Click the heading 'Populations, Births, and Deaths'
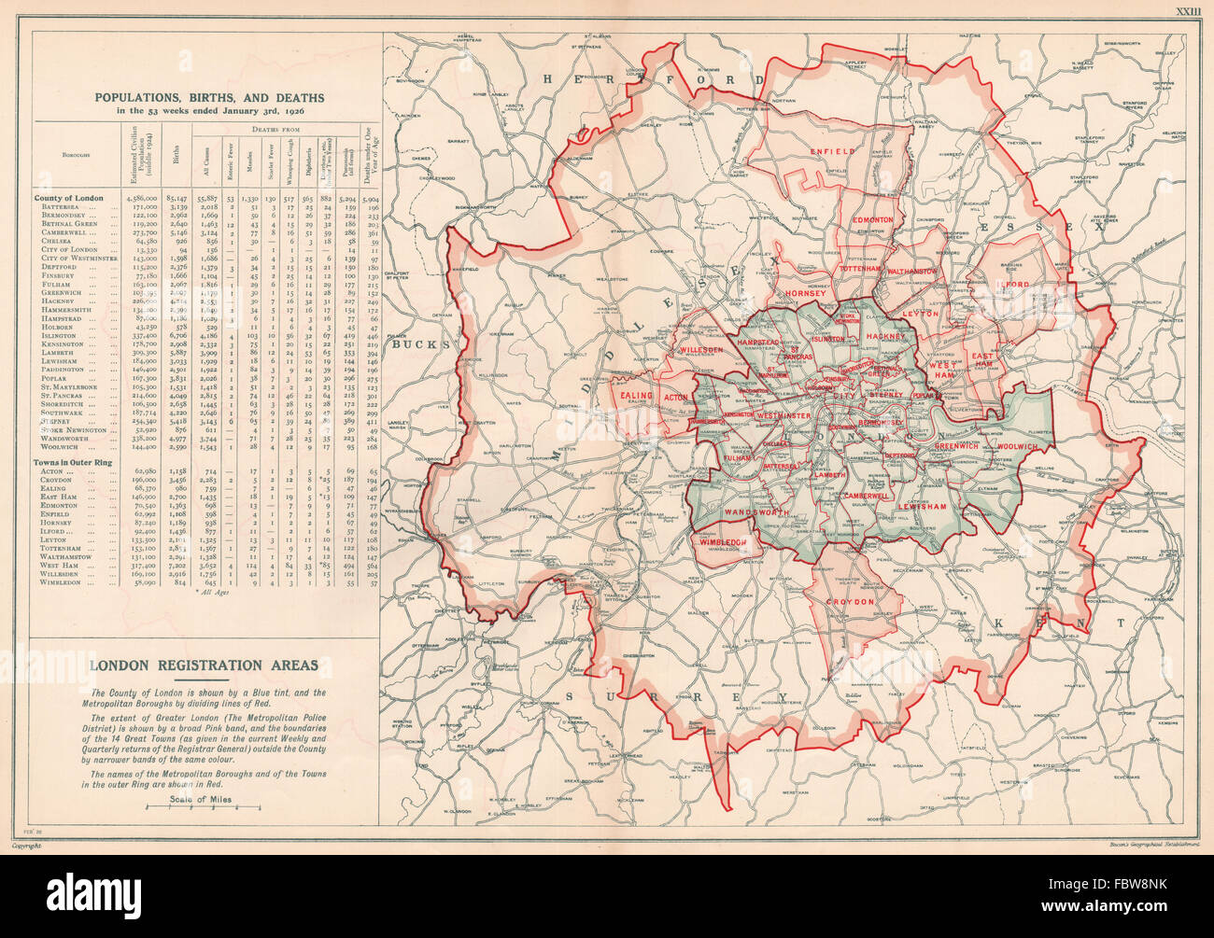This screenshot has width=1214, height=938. [x=207, y=97]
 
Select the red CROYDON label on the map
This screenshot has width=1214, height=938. [x=848, y=602]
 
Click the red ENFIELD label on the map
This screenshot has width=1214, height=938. [x=833, y=150]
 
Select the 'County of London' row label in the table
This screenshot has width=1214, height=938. [x=68, y=198]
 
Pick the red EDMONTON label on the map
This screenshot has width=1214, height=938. [x=871, y=219]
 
